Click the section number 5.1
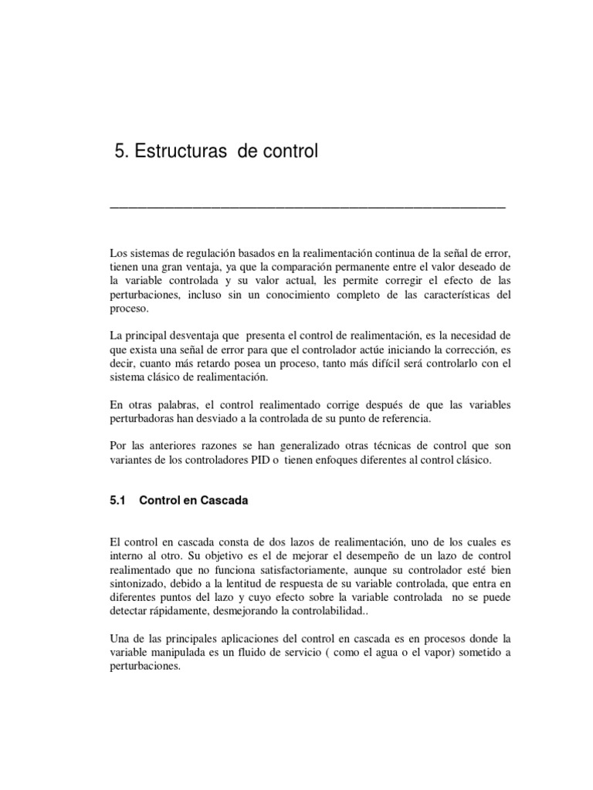118,501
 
